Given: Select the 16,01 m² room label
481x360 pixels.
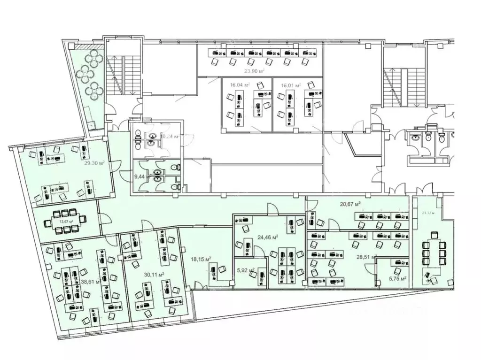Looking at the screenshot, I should click(x=290, y=85).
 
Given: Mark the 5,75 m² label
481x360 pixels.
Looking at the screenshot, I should click(x=397, y=278).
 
